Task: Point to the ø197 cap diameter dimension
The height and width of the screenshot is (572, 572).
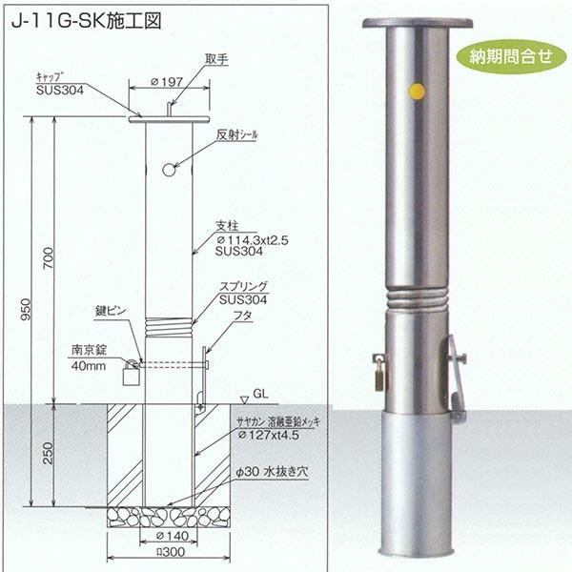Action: pyautogui.click(x=169, y=82)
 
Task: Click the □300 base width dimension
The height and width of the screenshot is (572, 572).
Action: pyautogui.click(x=169, y=553)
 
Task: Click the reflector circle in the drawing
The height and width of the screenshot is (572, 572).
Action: pyautogui.click(x=169, y=170)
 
